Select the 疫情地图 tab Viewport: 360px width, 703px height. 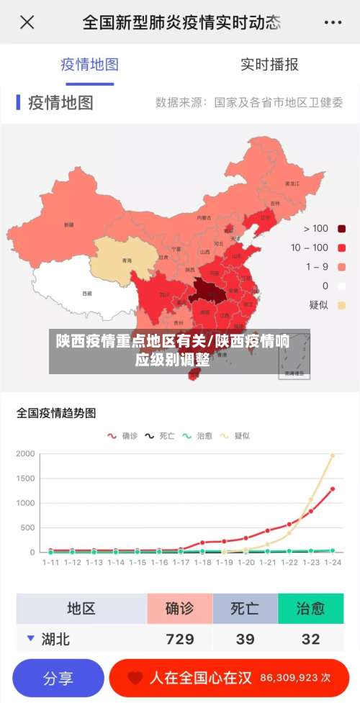tap(89, 65)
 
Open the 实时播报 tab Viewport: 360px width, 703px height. tap(269, 65)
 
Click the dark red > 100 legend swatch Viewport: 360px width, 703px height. tap(341, 229)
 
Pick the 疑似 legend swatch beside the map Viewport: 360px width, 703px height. tap(341, 305)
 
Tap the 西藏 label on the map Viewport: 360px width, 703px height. tap(87, 294)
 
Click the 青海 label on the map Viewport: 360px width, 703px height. tap(127, 260)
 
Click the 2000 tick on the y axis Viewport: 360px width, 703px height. tap(25, 454)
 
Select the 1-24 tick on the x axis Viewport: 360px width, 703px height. tap(333, 563)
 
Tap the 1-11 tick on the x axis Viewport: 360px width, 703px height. tap(50, 563)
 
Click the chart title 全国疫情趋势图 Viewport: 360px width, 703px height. tap(56, 414)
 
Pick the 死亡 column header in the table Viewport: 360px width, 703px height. tap(245, 609)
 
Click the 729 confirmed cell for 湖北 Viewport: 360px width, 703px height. tap(180, 639)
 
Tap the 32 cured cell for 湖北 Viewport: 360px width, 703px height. tap(310, 639)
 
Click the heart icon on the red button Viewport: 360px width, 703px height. tap(135, 678)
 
